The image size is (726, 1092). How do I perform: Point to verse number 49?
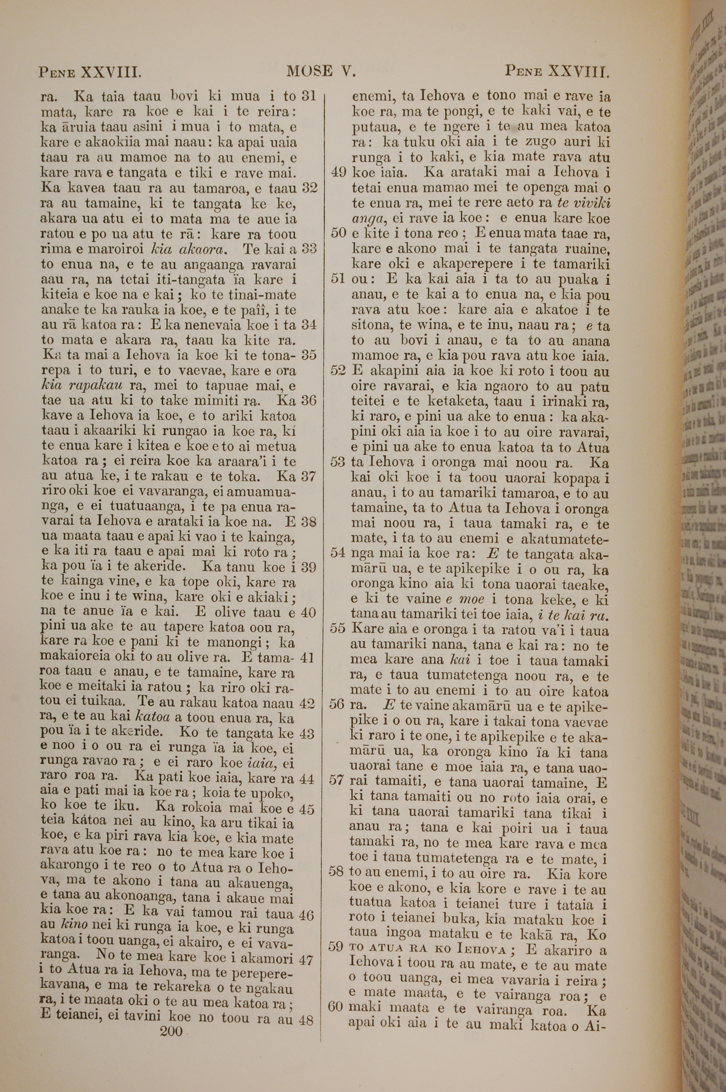click(x=339, y=173)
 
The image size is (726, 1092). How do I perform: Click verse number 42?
click(x=307, y=704)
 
